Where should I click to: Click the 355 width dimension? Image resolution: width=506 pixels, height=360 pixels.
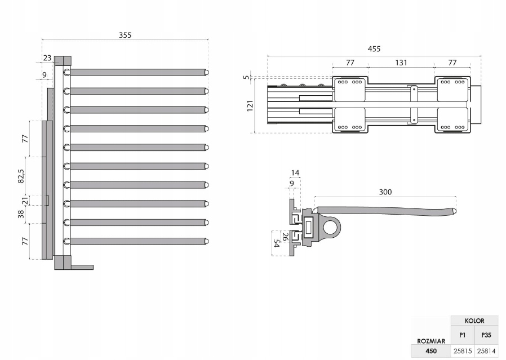pyautogui.click(x=125, y=35)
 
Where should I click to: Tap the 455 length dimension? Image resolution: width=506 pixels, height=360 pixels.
pyautogui.click(x=374, y=49)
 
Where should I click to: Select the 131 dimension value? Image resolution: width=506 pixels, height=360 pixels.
pyautogui.click(x=401, y=63)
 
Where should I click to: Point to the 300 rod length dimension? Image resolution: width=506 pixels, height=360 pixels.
pyautogui.click(x=385, y=192)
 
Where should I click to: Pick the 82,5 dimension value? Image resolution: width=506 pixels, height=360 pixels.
pyautogui.click(x=21, y=176)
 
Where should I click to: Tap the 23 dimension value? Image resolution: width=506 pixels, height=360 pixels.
pyautogui.click(x=47, y=57)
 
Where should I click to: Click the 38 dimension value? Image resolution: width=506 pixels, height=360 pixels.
pyautogui.click(x=21, y=214)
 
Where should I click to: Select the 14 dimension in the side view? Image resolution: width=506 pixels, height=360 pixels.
pyautogui.click(x=294, y=173)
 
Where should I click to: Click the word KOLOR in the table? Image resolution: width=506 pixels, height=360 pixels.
pyautogui.click(x=474, y=321)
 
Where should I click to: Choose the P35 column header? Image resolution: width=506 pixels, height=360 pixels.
pyautogui.click(x=486, y=335)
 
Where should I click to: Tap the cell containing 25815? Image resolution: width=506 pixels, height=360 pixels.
pyautogui.click(x=462, y=350)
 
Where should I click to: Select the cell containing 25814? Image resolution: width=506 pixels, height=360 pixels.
pyautogui.click(x=486, y=350)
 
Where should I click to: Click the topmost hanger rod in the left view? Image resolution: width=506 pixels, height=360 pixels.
pyautogui.click(x=137, y=73)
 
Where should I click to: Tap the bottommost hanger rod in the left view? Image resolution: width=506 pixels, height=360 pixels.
pyautogui.click(x=137, y=241)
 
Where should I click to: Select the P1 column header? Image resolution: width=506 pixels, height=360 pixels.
pyautogui.click(x=462, y=335)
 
